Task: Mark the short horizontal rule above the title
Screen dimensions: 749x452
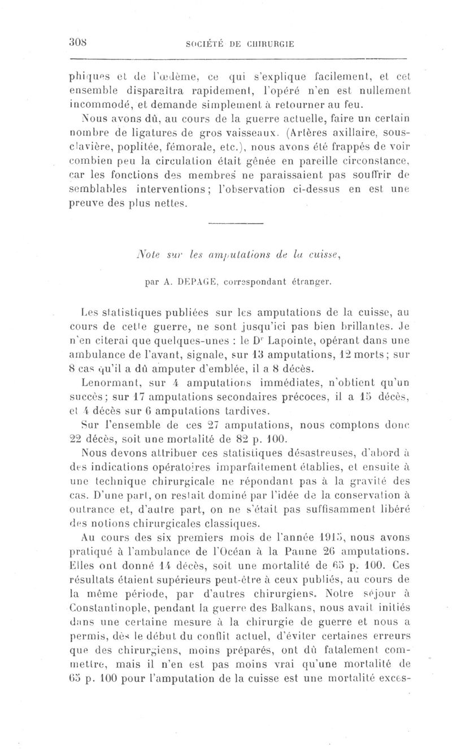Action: tap(236, 225)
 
